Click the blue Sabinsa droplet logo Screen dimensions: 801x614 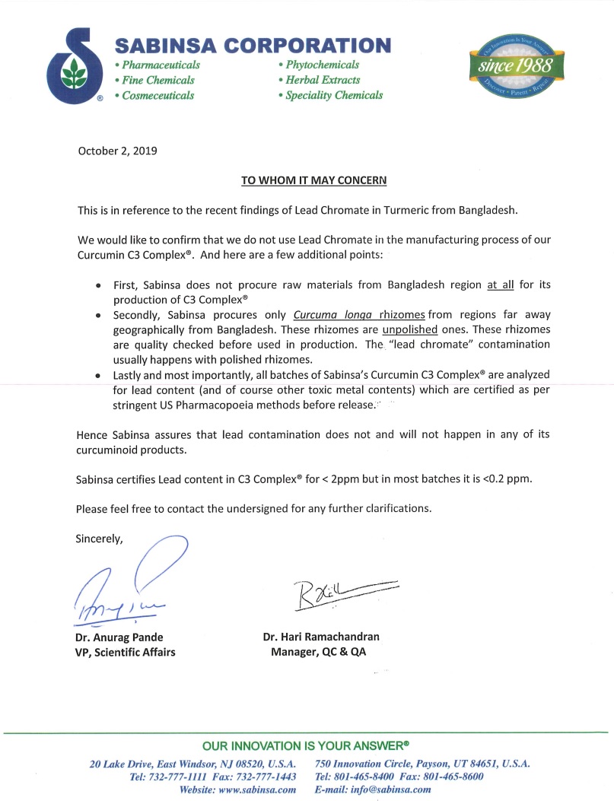(x=73, y=66)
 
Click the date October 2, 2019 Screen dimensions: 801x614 (x=118, y=151)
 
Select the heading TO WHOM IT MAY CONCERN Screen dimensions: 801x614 (x=314, y=180)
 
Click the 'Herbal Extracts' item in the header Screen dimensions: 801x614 (x=319, y=80)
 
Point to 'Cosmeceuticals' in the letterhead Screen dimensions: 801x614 (x=157, y=96)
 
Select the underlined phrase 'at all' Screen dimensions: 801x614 (x=501, y=285)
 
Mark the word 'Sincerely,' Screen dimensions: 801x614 (x=99, y=539)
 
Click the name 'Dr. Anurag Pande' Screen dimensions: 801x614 (x=119, y=637)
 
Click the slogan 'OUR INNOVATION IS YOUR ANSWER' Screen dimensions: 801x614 (x=305, y=745)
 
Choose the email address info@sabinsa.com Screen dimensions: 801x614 (x=388, y=790)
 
